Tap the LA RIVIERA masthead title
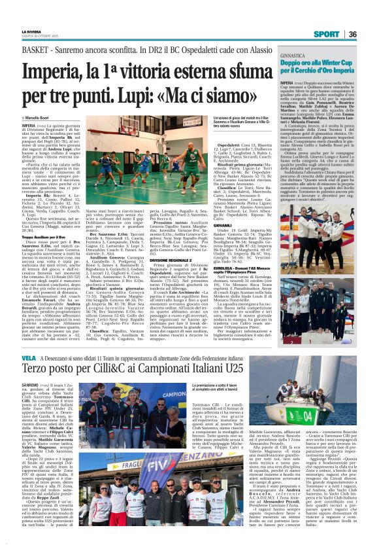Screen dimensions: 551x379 [x=31, y=31]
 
